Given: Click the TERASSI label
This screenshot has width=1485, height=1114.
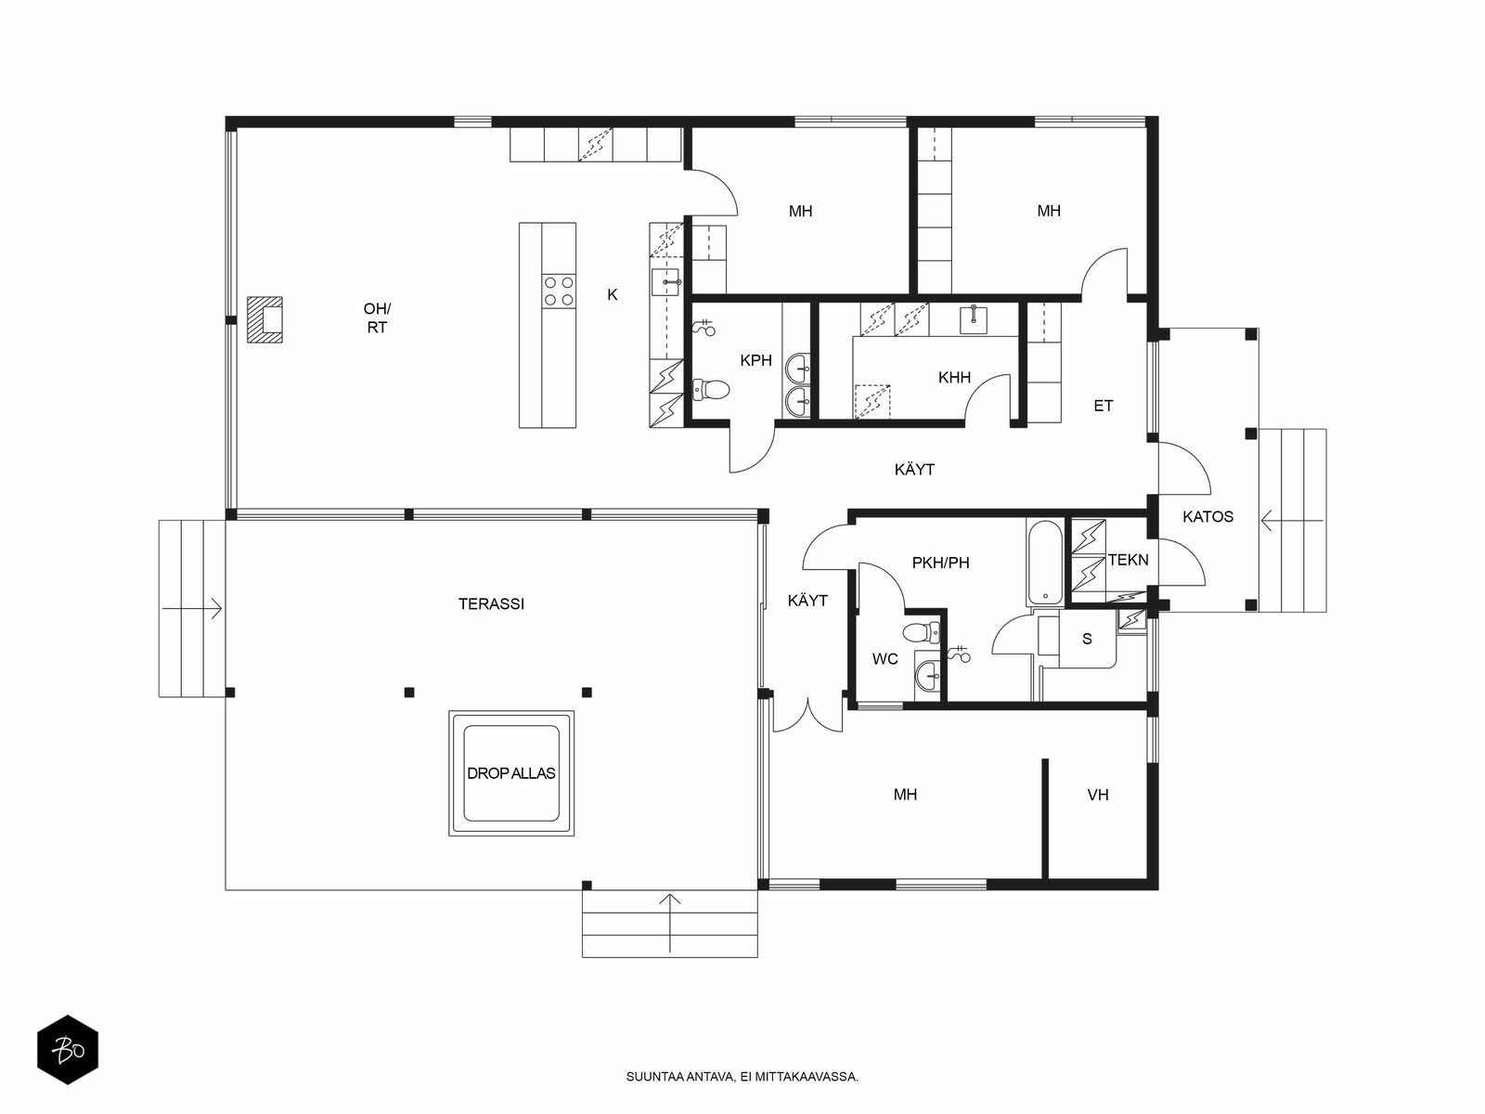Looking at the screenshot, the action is pos(491,604).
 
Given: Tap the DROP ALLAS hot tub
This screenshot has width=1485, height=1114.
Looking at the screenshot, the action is pos(511,773).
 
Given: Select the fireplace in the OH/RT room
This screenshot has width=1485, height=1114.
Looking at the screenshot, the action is pos(265,319).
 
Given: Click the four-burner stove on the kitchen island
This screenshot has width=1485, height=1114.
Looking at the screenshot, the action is pos(559,291).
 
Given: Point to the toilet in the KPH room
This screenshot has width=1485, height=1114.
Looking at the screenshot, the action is pos(711,390).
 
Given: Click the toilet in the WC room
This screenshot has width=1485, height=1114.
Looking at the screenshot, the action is pos(921,633).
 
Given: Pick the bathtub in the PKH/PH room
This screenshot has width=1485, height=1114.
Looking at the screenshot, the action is pos(1045,563).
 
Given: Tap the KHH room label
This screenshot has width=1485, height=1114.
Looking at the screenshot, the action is pos(954,378).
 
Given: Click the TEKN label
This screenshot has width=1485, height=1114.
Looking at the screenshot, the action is pos(1128,560).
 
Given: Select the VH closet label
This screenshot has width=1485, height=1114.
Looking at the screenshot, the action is pos(1097,795).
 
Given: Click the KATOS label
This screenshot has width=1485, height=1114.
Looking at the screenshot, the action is pos(1207,517).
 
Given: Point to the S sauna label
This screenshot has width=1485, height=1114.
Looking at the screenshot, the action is pos(1087,639).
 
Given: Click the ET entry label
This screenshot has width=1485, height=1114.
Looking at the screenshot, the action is pos(1103,406).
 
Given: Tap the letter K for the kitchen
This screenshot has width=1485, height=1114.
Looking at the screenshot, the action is pos(613,294).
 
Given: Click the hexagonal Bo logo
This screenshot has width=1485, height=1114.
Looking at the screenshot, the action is pos(68,1050).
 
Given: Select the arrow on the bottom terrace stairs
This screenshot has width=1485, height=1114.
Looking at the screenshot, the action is pos(670,923).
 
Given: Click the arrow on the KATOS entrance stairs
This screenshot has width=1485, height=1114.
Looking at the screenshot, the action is pos(1292,520).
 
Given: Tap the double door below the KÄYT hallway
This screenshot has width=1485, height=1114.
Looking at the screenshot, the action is pos(808,716).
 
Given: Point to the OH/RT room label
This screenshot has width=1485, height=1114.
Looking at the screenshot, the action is pos(377,317).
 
